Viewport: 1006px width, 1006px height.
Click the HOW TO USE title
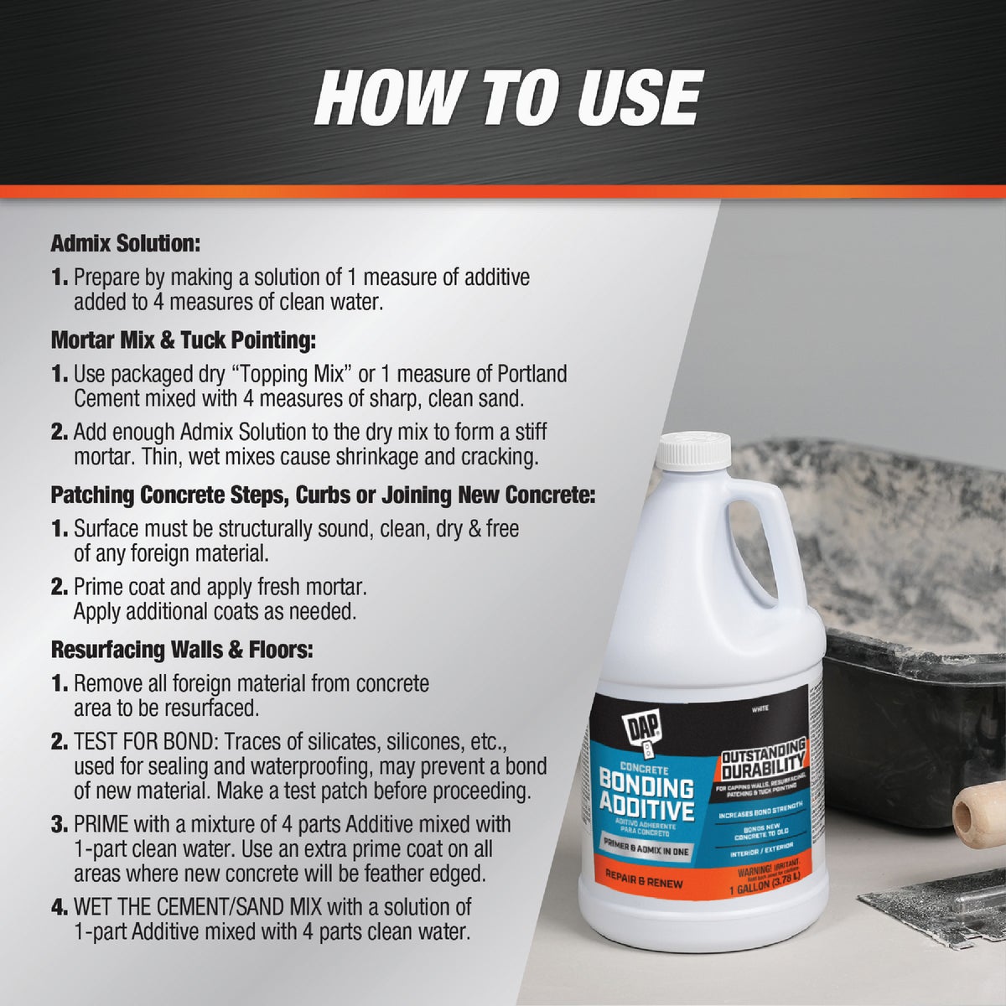507,98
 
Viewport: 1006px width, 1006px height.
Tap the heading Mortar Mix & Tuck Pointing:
183,340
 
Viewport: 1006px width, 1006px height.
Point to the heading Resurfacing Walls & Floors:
182,650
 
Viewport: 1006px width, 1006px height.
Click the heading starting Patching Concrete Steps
323,495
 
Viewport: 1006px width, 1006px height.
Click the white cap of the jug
693,451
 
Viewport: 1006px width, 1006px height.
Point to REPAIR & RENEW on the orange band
644,883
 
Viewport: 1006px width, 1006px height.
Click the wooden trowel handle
978,811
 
